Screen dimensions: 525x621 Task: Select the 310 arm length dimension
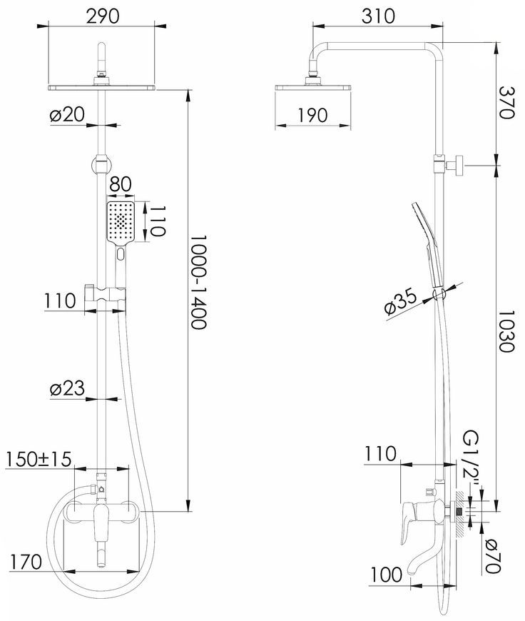378,16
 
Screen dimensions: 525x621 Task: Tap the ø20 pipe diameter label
67,115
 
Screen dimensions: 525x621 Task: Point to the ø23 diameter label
67,388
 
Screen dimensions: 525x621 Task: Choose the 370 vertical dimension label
506,102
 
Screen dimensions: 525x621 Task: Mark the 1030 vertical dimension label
506,330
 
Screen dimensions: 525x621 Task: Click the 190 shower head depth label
312,115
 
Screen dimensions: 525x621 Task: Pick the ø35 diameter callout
400,303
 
